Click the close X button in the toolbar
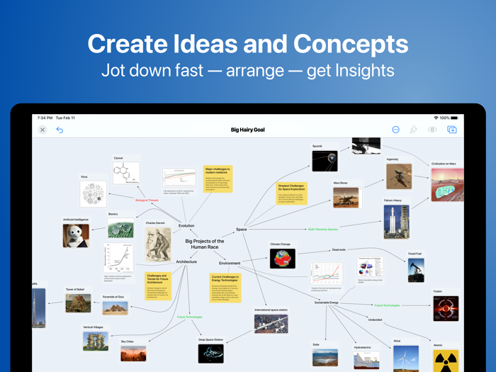43,130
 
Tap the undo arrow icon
60,130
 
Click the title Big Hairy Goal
247,130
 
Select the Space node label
241,230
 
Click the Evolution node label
186,226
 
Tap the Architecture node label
186,262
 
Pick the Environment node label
230,264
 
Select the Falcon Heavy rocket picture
392,222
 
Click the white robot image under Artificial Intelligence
76,235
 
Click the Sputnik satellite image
325,160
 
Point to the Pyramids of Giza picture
115,308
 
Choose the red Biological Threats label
147,201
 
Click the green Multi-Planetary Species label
322,230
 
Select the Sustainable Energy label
326,303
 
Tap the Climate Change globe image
282,258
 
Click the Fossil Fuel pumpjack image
415,270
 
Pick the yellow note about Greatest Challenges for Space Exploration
291,193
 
